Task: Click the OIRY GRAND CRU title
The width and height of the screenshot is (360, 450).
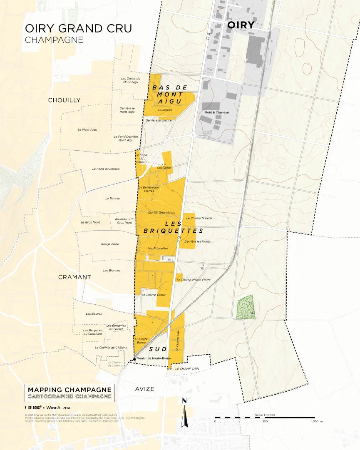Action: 78,28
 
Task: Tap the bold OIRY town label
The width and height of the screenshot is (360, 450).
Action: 241,25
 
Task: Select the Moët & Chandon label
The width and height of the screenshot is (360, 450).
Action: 217,112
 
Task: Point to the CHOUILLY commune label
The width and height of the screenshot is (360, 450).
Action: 64,100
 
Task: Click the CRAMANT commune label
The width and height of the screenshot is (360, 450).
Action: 74,277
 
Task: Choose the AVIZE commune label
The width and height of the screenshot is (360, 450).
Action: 144,389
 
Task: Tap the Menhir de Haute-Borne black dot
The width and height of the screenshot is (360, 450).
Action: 134,358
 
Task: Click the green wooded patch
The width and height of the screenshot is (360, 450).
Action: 246,308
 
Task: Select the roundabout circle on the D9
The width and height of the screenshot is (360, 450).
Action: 193,135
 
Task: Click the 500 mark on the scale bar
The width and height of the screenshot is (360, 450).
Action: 265,421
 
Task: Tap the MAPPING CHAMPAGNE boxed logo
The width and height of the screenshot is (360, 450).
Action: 69,393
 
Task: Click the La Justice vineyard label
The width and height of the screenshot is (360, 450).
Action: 165,110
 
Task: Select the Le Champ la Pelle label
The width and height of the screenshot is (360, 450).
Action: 199,218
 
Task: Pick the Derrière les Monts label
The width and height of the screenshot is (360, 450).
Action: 197,241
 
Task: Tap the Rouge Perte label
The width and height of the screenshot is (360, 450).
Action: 110,244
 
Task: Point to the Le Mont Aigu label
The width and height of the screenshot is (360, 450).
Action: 87,129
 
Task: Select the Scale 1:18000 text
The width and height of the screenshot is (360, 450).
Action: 265,415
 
